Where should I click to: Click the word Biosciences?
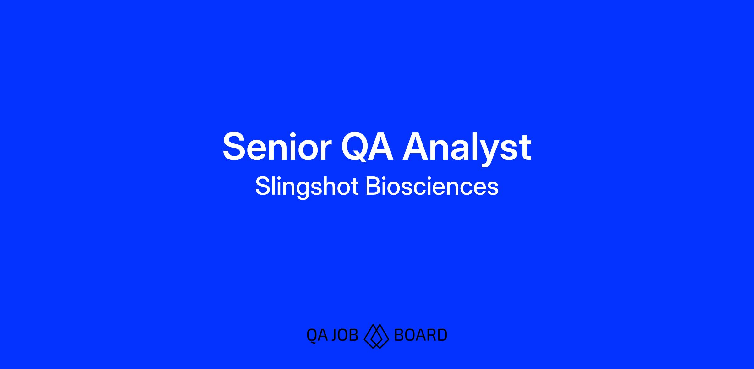(x=432, y=186)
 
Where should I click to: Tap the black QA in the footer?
(x=317, y=335)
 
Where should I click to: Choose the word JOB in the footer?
(x=345, y=335)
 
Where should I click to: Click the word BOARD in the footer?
(x=420, y=335)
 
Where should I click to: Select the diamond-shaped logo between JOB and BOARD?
(x=376, y=336)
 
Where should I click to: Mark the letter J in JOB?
(x=336, y=335)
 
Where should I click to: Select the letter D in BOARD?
(x=442, y=335)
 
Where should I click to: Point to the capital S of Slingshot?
(x=263, y=186)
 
